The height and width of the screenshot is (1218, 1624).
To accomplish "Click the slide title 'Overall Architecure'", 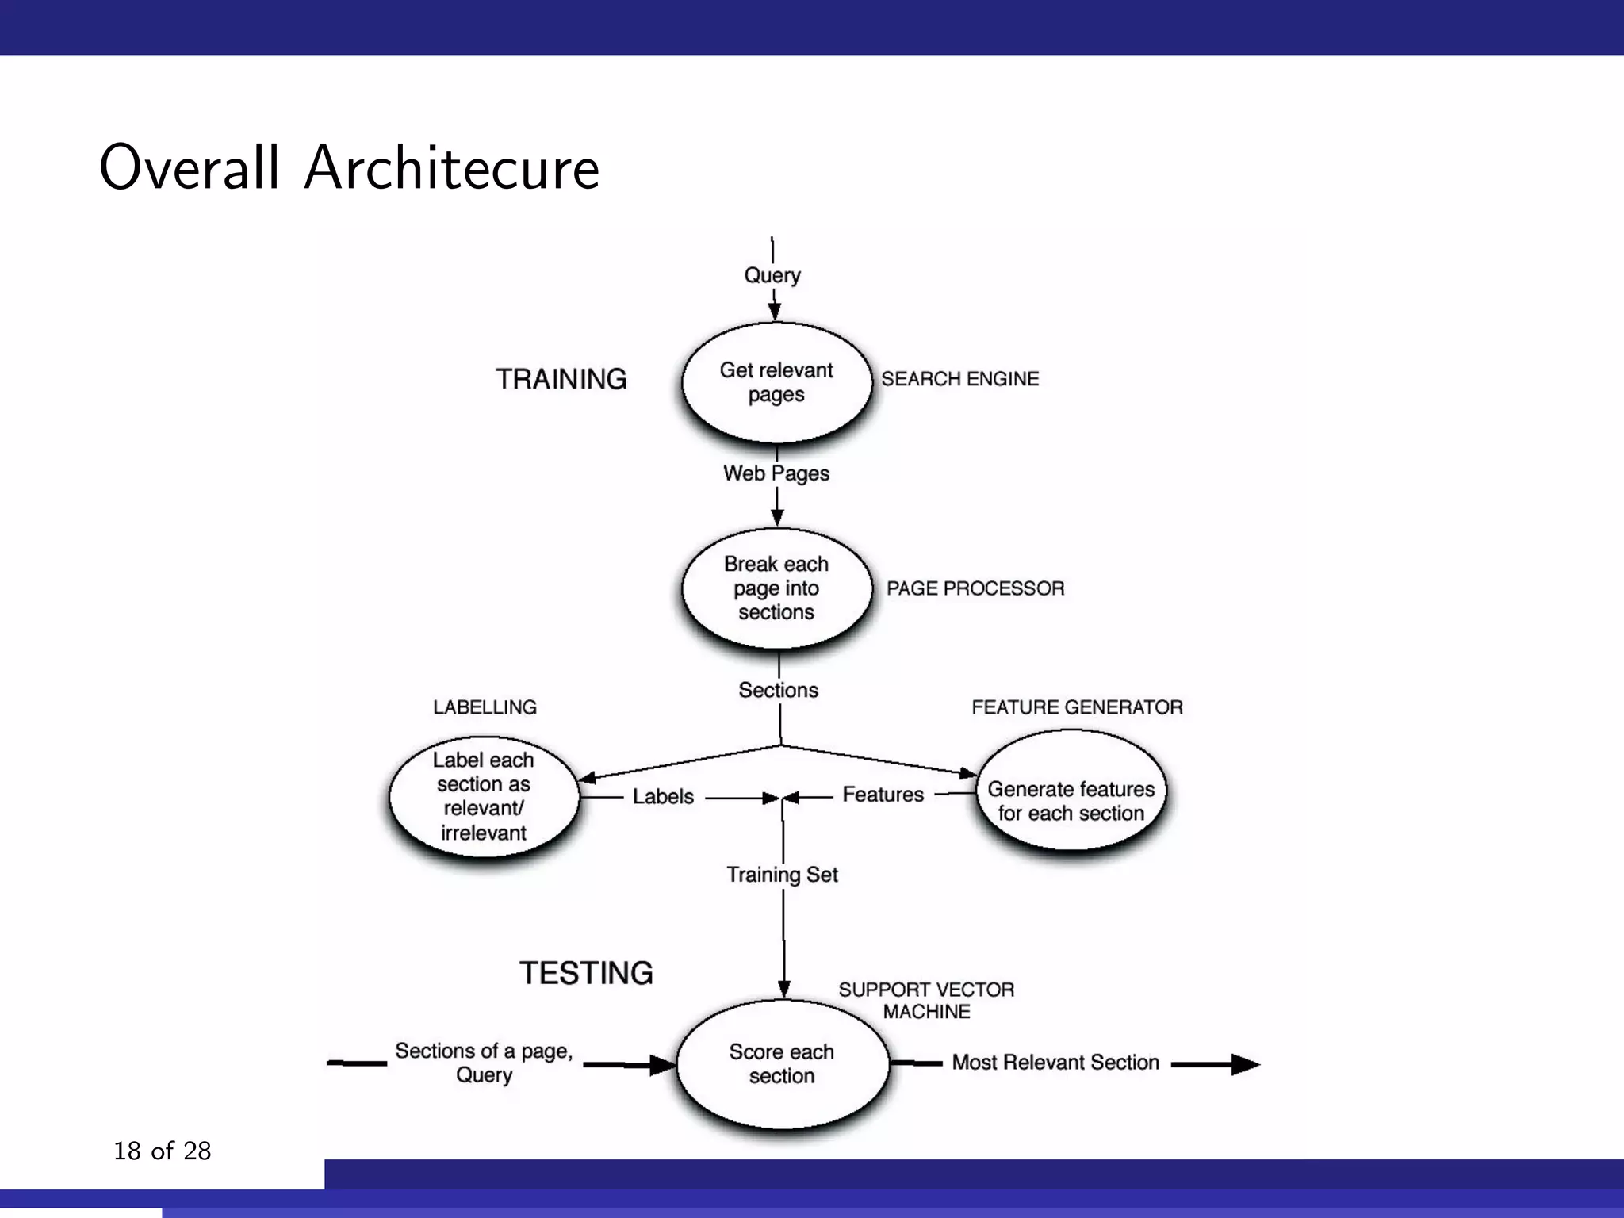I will coord(349,167).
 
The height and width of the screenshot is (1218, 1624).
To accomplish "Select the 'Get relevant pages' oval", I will coord(776,382).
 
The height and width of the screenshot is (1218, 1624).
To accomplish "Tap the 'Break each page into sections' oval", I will coord(776,588).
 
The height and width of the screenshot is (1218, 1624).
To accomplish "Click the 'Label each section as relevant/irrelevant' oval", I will coord(484,796).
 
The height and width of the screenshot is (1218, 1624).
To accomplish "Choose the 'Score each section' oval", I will coord(782,1063).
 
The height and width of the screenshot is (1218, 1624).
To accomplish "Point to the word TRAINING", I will coord(561,379).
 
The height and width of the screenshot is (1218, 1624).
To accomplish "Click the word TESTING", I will coord(587,973).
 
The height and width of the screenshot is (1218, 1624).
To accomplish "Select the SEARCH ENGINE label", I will coord(960,379).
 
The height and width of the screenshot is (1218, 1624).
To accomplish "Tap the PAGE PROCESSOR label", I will coord(975,588).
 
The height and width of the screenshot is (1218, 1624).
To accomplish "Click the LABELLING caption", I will coord(485,707).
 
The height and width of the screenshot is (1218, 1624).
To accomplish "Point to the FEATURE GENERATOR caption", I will coord(1077,707).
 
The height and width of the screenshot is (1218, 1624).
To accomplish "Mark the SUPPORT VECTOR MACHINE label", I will coord(926,1001).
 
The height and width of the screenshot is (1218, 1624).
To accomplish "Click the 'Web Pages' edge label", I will coord(776,473).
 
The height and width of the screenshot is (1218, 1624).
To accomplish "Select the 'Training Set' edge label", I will coord(783,874).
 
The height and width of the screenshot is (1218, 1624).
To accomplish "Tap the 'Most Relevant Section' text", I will coord(1055,1063).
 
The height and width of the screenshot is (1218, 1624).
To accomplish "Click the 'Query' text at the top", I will coord(772,275).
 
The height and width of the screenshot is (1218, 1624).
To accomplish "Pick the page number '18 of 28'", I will coord(163,1151).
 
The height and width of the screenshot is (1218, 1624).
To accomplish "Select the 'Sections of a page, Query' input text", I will coord(484,1063).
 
